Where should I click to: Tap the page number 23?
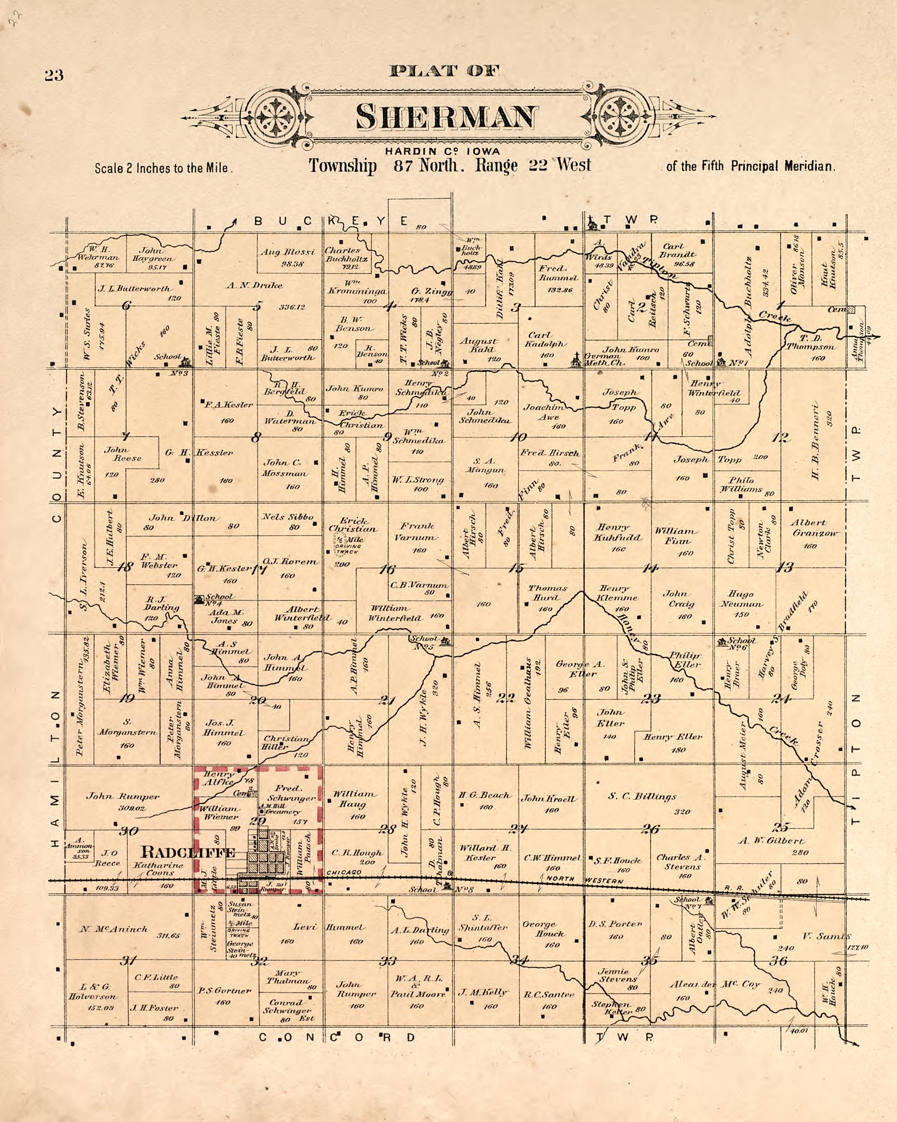coord(54,76)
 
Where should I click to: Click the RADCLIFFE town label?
coord(188,852)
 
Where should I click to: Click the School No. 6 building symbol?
coord(722,642)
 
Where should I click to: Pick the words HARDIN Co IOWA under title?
coord(442,151)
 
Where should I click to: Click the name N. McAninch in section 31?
coord(113,929)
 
